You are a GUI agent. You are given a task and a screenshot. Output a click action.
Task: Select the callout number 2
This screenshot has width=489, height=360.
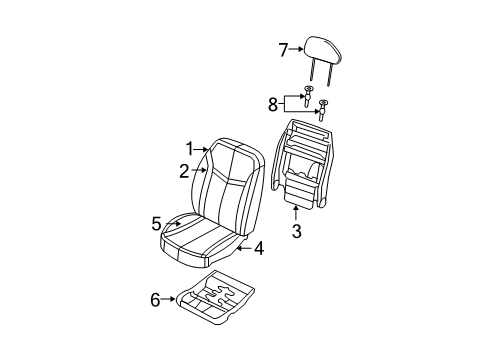click(x=184, y=171)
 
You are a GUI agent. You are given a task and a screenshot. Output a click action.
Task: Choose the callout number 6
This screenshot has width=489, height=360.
click(x=155, y=298)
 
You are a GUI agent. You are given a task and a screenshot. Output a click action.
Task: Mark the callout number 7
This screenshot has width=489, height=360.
click(x=283, y=49)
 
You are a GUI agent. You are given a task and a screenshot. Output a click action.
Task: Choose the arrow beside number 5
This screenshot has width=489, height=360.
click(x=172, y=224)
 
